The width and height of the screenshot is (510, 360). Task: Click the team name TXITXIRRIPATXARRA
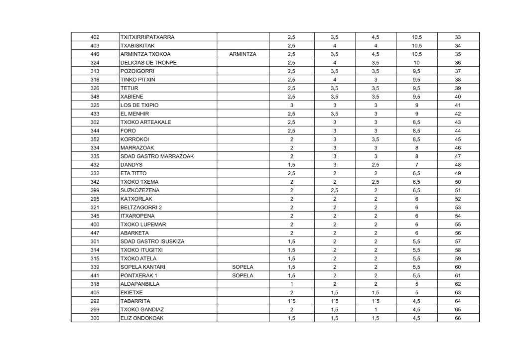coord(147,37)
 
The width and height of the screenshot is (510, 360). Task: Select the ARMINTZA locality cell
coord(243,54)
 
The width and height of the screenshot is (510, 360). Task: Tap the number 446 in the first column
coord(95,54)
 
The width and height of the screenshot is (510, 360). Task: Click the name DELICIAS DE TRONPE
coord(148,63)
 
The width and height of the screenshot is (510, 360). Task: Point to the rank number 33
coord(458,37)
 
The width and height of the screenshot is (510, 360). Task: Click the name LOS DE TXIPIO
coord(139,105)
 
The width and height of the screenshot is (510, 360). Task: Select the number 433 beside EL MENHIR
coord(95,114)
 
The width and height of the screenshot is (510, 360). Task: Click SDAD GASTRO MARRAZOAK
coord(157,156)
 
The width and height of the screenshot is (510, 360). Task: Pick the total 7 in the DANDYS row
coord(417,165)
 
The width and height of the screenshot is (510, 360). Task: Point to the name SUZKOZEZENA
coord(140,190)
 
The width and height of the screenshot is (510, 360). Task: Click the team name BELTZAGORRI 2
coord(142,207)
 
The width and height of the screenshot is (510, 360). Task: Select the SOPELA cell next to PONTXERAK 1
coord(243,275)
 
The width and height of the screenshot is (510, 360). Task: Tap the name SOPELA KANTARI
coord(143,267)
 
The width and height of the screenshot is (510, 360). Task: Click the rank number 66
coord(458,318)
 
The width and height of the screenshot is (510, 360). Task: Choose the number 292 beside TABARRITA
coord(95,301)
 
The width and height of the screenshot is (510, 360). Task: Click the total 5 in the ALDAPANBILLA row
coord(417,284)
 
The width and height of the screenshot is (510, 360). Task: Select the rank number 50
coord(458,182)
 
